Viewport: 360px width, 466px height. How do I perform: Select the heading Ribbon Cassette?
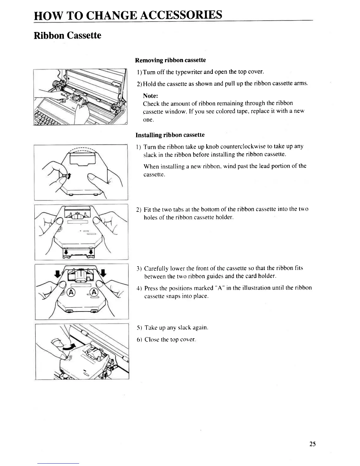tap(68, 36)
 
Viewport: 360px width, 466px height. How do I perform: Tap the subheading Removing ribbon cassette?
tap(170, 60)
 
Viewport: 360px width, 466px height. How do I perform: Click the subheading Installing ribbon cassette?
tap(170, 135)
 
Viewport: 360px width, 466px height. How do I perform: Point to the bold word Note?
tap(151, 96)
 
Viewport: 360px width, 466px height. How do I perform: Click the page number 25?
tap(312, 444)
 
